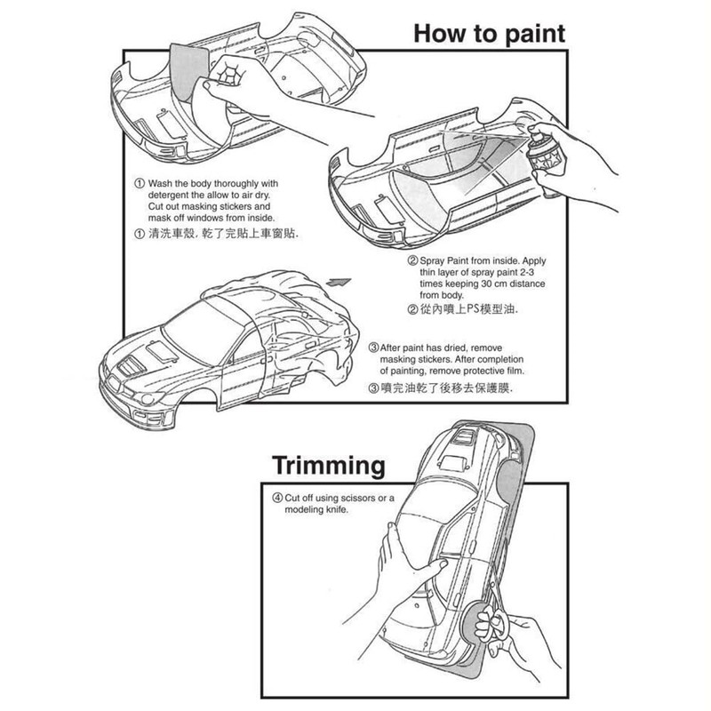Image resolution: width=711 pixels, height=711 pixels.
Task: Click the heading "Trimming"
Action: point(328,465)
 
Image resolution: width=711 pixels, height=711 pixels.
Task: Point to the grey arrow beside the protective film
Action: point(338,281)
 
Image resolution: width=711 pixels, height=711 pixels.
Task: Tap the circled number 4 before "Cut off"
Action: point(276,499)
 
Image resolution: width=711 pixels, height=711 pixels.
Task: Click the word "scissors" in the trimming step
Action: point(371,499)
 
